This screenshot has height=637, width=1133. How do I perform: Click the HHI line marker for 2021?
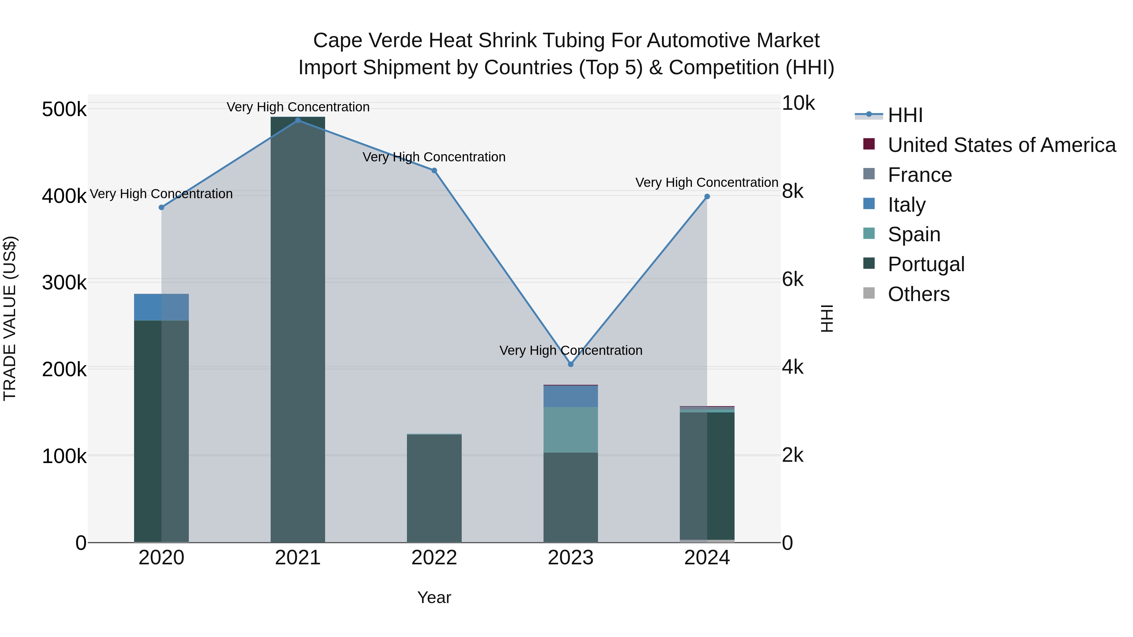[298, 120]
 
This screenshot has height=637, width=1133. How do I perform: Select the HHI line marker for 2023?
[571, 364]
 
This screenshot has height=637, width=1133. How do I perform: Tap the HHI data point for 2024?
[707, 197]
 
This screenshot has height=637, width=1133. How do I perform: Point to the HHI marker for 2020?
[161, 207]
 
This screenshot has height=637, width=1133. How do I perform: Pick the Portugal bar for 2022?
[434, 488]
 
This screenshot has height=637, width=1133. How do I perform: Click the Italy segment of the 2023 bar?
[571, 396]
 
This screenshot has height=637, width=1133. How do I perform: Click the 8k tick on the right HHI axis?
[792, 191]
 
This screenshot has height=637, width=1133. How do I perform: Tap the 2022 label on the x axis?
[434, 558]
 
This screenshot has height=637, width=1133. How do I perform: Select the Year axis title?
[434, 597]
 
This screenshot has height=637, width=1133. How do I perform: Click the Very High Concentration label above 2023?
[571, 350]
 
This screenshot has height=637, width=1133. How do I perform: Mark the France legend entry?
[919, 175]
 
